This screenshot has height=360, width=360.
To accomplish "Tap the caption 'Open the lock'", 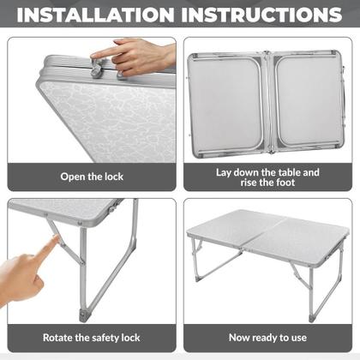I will pyautogui.click(x=92, y=177).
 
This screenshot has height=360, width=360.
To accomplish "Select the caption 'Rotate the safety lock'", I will pyautogui.click(x=92, y=339).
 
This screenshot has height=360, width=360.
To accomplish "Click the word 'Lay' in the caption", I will pyautogui.click(x=225, y=171).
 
